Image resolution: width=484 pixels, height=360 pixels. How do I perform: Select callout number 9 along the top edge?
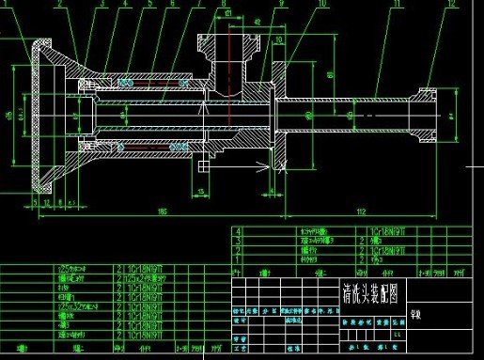click(x=281, y=5)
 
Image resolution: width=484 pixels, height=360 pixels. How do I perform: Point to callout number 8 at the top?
click(x=225, y=5)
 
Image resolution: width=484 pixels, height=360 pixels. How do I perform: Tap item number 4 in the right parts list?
click(x=240, y=230)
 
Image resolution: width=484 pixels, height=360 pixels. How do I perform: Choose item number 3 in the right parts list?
click(x=240, y=241)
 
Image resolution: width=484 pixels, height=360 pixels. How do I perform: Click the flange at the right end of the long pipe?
click(x=428, y=114)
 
